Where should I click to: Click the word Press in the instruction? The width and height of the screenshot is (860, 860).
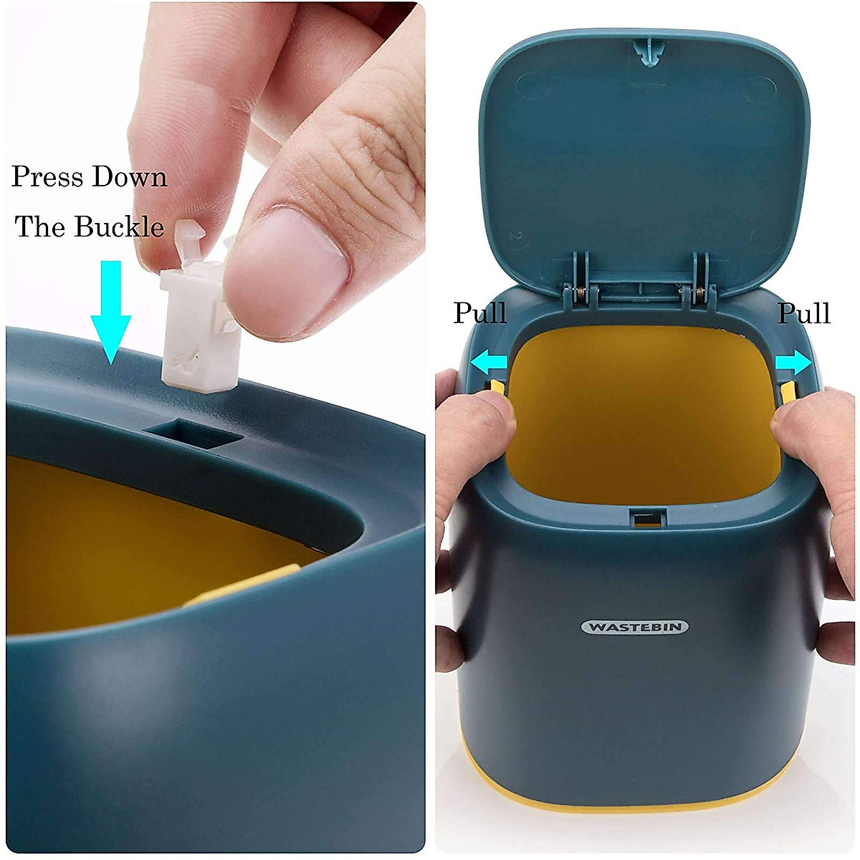click(x=46, y=176)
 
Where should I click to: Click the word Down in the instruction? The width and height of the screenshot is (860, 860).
click(x=129, y=176)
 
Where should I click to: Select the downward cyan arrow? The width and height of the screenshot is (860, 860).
click(x=110, y=312)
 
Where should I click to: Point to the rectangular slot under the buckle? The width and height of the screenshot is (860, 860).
click(x=189, y=435)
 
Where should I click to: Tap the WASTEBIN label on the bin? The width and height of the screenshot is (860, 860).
click(x=634, y=627)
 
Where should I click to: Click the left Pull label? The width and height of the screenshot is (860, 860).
click(x=479, y=313)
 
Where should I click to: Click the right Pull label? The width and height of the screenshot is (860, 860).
click(x=803, y=313)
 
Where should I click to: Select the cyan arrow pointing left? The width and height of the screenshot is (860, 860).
click(x=487, y=364)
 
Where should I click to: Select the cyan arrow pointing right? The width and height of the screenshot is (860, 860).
click(x=794, y=364)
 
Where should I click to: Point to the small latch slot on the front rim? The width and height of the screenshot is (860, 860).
click(x=647, y=516)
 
